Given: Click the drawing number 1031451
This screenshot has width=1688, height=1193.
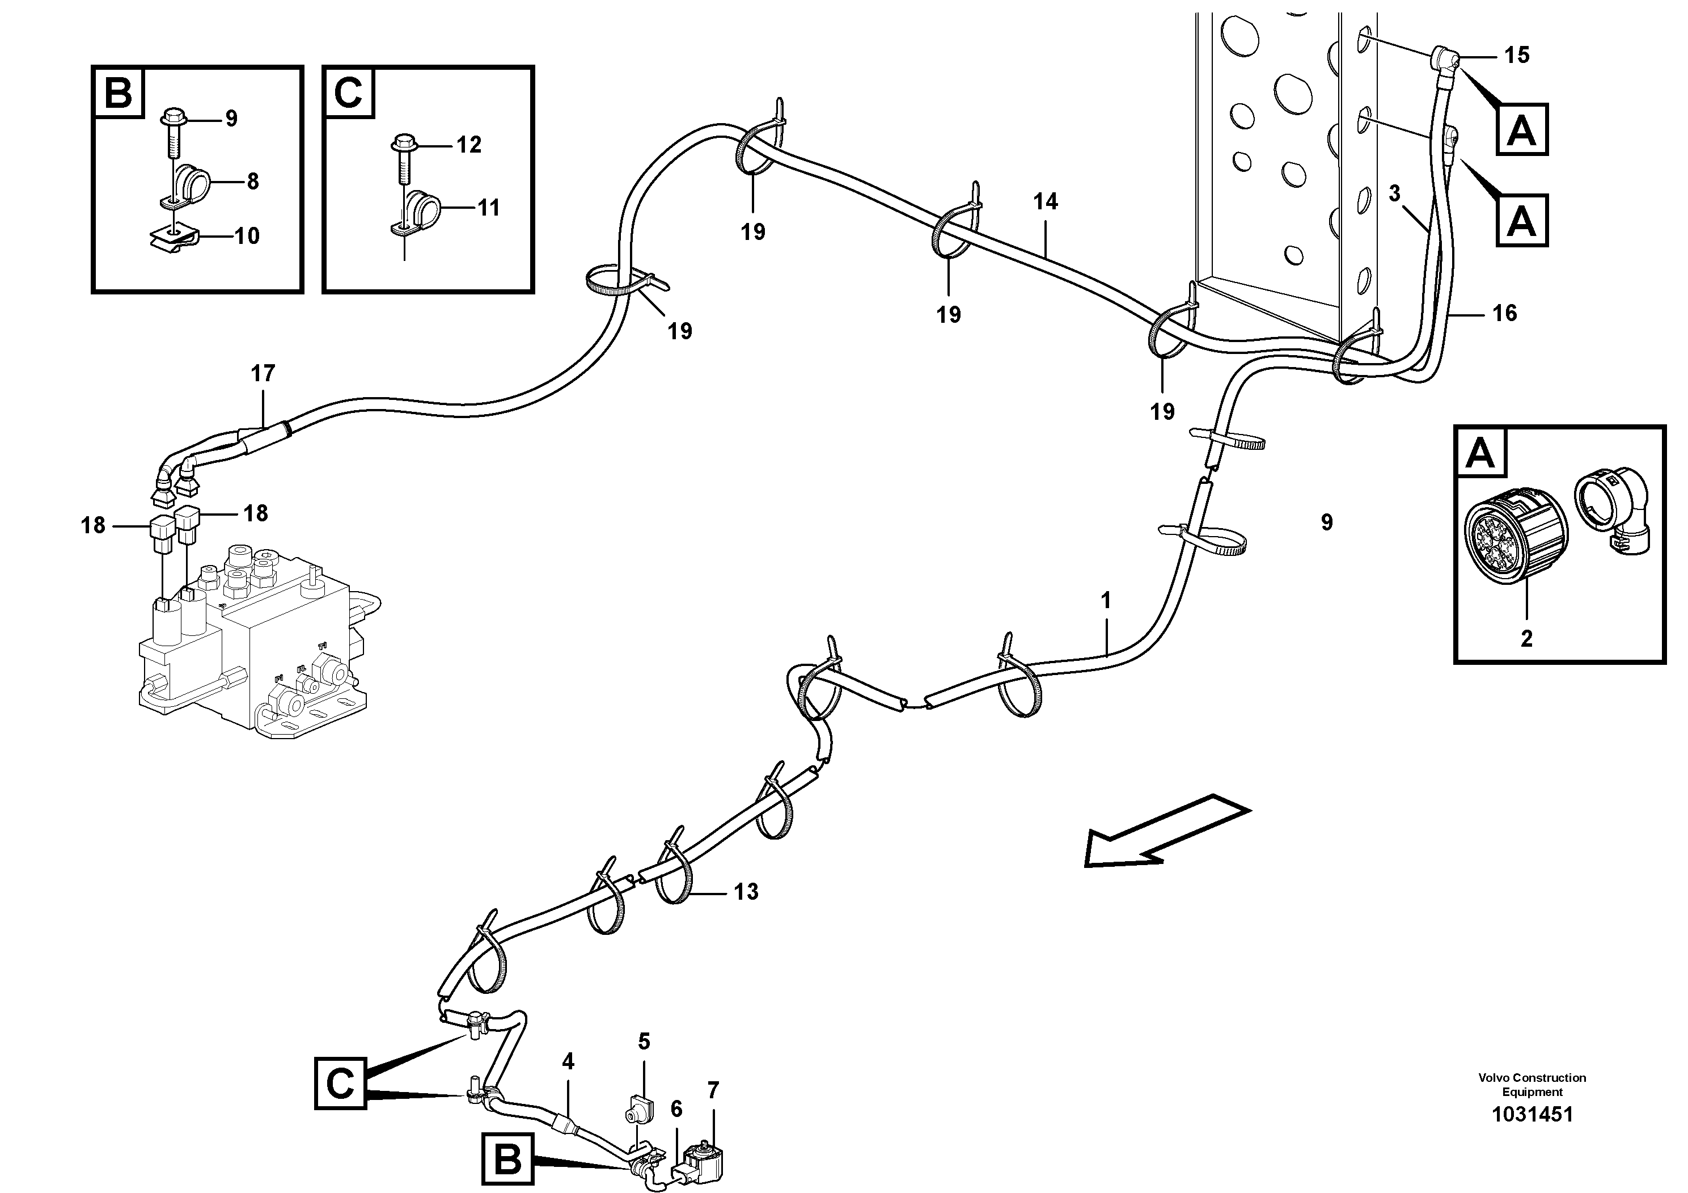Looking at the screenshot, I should (1532, 1114).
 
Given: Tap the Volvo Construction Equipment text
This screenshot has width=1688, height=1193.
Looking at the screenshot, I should (1532, 1084).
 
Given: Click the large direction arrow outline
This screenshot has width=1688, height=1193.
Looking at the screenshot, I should (1167, 830).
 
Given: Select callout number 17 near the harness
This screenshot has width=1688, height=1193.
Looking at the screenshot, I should (263, 374).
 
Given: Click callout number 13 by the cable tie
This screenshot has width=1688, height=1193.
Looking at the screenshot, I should (746, 892).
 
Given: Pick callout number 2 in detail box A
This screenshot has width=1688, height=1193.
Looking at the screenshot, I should (1526, 638).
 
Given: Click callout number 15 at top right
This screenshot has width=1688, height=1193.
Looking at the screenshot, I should (1516, 55).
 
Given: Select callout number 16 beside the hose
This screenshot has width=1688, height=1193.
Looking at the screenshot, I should (1504, 313).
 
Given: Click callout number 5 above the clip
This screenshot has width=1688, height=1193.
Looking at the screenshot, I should (644, 1041).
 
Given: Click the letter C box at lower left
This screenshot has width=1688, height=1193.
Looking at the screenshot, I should (340, 1084).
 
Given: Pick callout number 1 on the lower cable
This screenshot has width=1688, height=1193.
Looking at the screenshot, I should (1106, 601).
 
